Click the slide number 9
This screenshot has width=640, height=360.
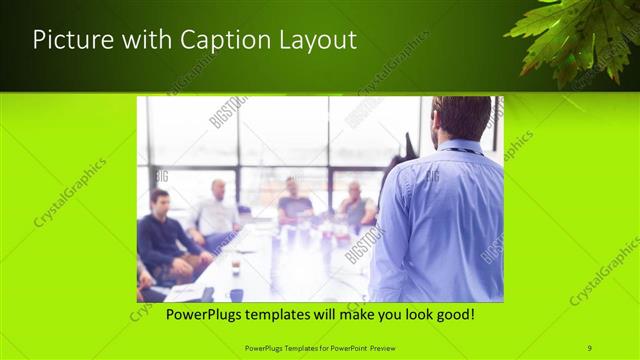pos(590,347)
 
